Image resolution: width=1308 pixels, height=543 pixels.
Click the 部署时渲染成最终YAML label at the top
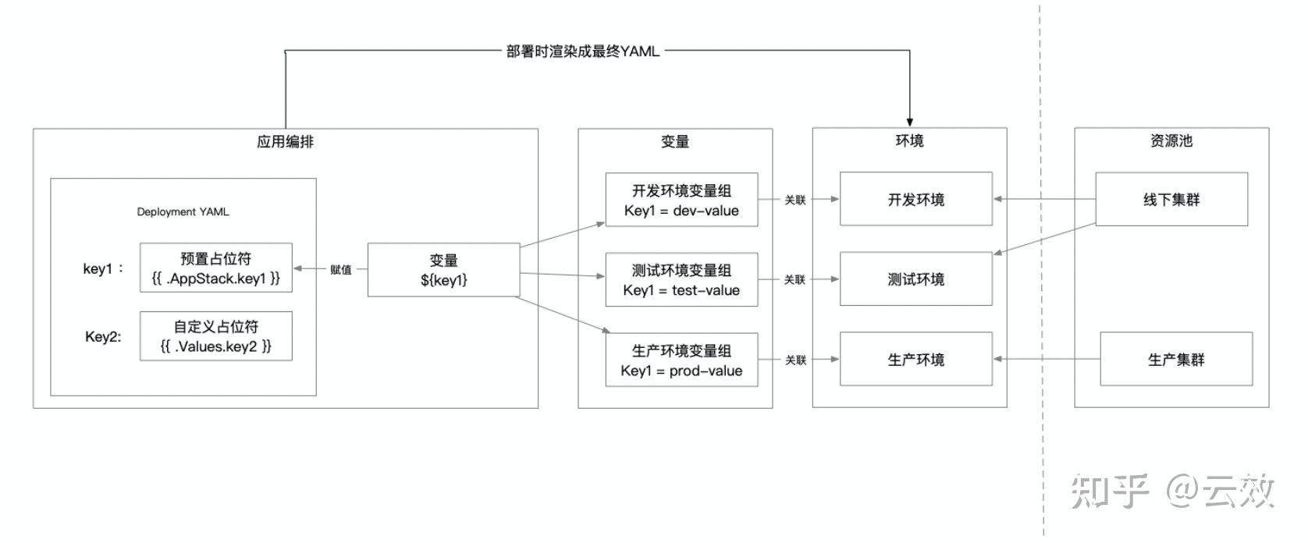[582, 51]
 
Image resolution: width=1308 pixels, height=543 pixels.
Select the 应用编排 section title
[285, 142]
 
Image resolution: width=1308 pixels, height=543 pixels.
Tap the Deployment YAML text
[183, 211]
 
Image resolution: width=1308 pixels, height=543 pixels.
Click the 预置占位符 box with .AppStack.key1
[216, 268]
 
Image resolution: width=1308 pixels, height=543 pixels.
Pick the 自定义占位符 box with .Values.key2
[216, 336]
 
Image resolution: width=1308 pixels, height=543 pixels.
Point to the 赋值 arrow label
[341, 270]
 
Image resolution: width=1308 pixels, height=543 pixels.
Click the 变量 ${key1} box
[443, 270]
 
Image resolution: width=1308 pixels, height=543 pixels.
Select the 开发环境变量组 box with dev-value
[681, 200]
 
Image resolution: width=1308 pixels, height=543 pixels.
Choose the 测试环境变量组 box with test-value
[681, 279]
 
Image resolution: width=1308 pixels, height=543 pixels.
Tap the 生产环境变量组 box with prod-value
[681, 360]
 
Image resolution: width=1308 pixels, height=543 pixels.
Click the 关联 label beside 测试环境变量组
[795, 279]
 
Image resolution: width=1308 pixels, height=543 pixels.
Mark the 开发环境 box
[915, 199]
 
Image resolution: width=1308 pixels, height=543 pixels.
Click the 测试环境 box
[915, 279]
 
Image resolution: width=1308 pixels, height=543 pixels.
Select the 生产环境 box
[915, 359]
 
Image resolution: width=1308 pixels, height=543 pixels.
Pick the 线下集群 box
[1171, 199]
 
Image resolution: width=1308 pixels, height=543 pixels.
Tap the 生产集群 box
[1175, 359]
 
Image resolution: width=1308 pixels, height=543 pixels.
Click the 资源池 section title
[1171, 141]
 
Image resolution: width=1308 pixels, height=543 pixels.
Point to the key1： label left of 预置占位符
[103, 269]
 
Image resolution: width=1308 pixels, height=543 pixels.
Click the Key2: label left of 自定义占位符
[103, 337]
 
